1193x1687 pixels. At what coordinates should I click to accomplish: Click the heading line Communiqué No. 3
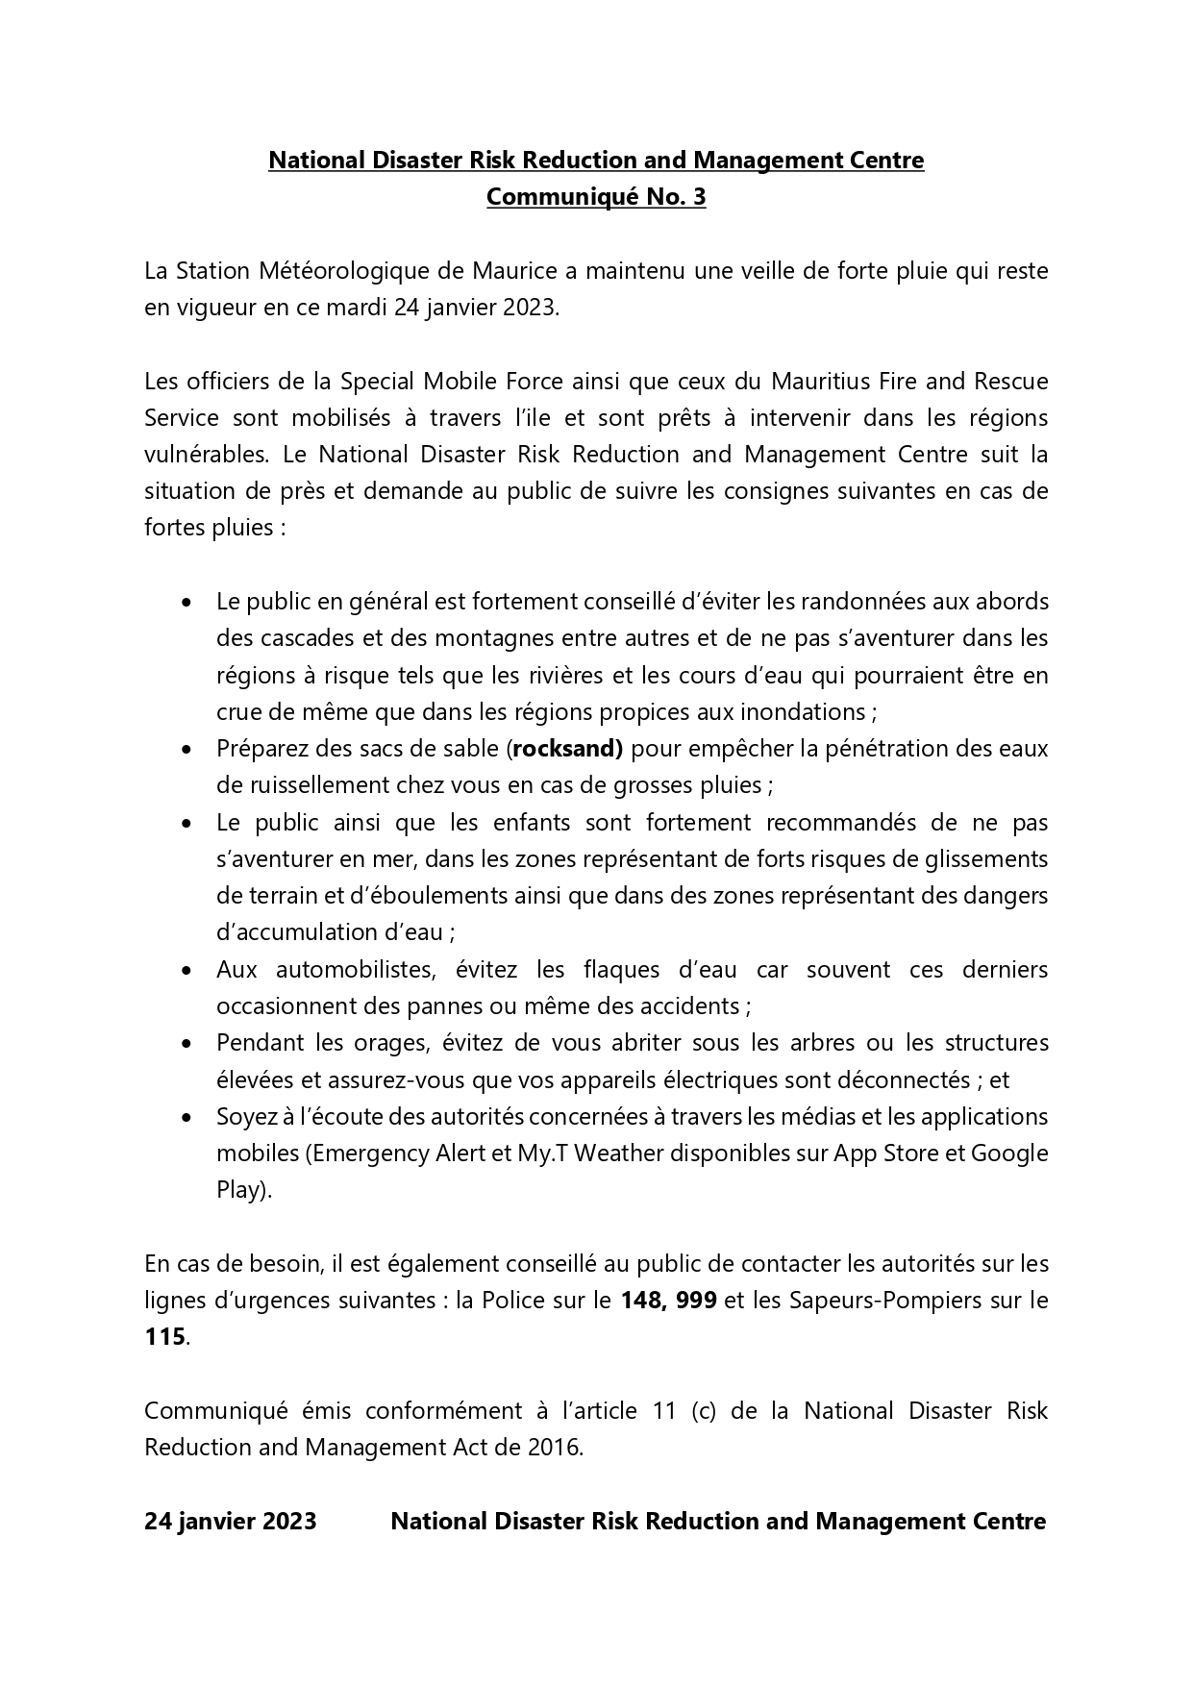[595, 197]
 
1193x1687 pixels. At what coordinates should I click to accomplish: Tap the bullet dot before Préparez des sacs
[186, 749]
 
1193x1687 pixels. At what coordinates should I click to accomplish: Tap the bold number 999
[696, 1301]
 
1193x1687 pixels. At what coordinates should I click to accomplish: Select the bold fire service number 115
[164, 1337]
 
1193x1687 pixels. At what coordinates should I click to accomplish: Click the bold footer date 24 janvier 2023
[231, 1522]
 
